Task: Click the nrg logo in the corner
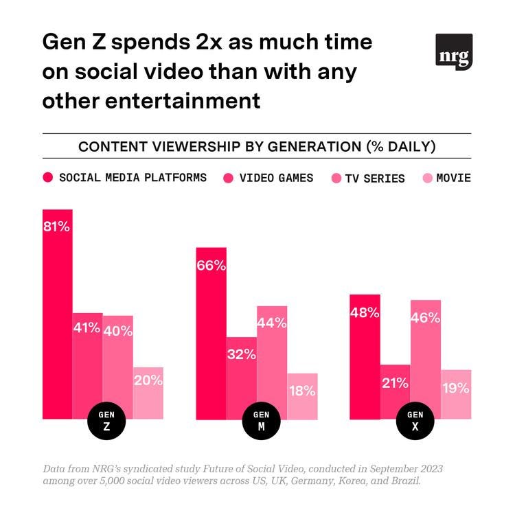pos(454,51)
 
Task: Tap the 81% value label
pos(57,227)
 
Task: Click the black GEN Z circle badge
pos(106,419)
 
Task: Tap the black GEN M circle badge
pos(261,419)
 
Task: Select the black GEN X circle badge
pos(415,419)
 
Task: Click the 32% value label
pos(241,355)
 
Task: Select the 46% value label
pos(425,318)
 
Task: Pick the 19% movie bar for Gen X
pos(456,395)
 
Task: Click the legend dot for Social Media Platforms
pos(48,178)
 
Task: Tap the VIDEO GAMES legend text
pos(276,178)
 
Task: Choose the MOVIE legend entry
pos(453,178)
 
